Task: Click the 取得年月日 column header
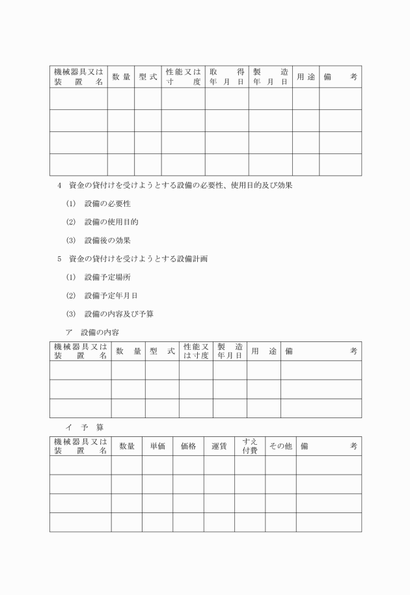pos(226,77)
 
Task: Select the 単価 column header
pos(157,446)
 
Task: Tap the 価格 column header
pos(188,446)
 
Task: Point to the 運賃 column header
pos(219,446)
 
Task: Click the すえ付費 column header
pos(250,446)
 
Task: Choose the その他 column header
pos(280,446)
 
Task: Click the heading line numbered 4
pos(175,186)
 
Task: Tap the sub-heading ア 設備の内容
pos(92,332)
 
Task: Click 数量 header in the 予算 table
pos(127,446)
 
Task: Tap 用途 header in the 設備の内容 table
pos(264,351)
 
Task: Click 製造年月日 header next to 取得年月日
pos(270,77)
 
